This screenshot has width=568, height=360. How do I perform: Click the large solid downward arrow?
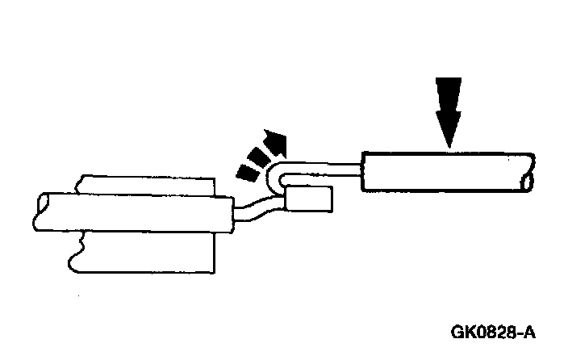[x=448, y=109]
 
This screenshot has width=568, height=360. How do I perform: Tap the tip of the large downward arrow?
[x=448, y=146]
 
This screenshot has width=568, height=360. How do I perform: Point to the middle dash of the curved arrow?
[x=258, y=158]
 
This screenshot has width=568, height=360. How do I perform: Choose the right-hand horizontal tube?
[x=444, y=171]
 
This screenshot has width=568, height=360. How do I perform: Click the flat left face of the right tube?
[x=364, y=171]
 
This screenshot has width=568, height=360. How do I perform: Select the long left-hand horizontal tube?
[x=129, y=214]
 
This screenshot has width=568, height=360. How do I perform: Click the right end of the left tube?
[x=232, y=216]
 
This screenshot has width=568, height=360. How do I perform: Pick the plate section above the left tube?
[x=145, y=185]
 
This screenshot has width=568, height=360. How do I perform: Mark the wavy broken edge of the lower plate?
[x=74, y=250]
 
